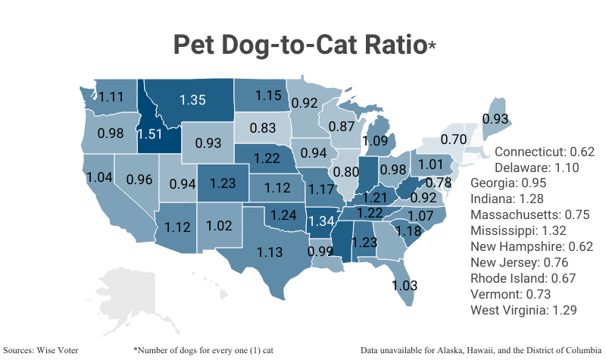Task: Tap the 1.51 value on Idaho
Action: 149,135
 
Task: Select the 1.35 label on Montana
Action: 192,99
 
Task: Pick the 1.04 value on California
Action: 101,177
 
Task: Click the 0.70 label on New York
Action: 453,139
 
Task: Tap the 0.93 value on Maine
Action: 495,119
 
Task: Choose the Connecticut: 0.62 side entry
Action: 545,152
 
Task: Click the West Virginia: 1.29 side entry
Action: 529,311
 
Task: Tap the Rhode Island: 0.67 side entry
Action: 523,279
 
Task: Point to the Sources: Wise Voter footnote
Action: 42,351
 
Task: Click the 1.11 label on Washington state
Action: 111,97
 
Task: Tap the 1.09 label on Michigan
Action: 376,140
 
